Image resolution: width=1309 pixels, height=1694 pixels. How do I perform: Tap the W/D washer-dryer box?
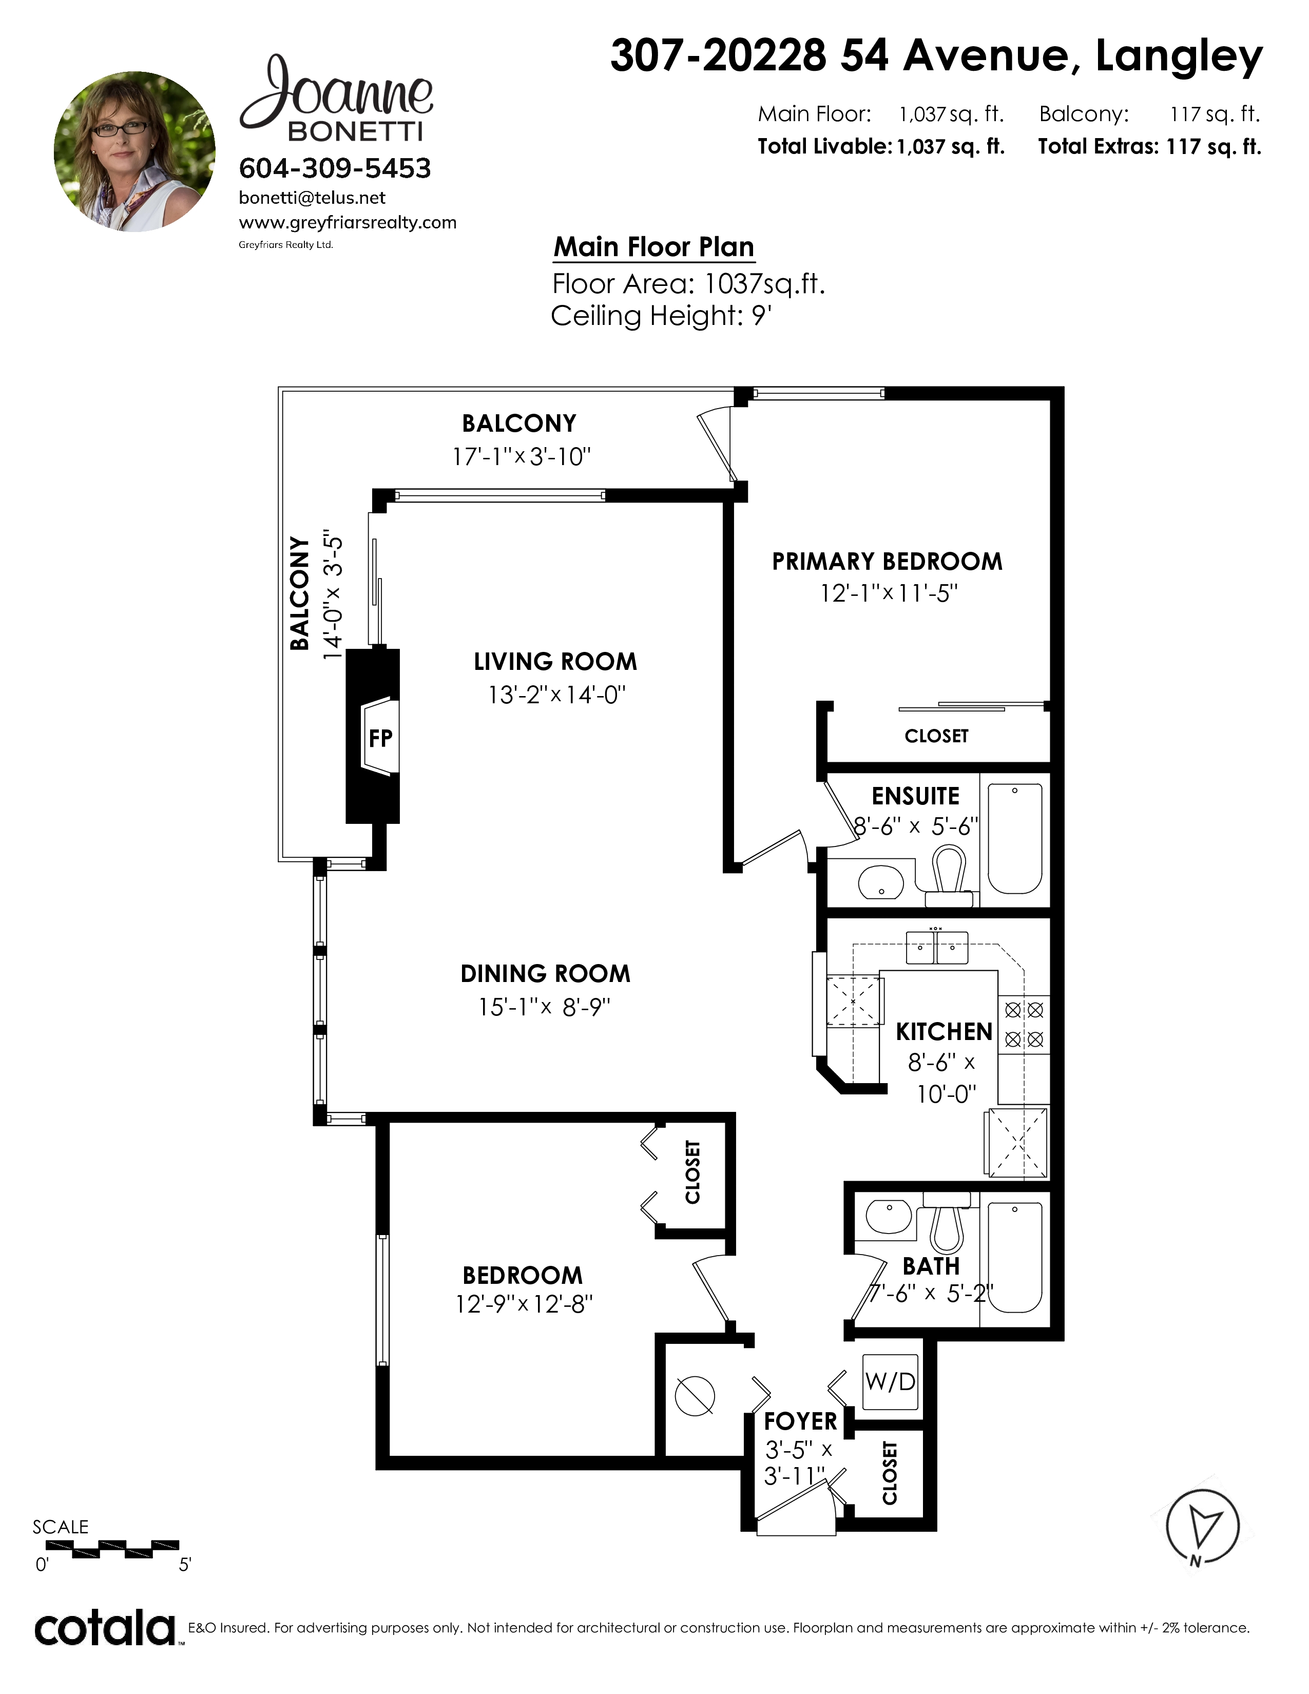coord(890,1381)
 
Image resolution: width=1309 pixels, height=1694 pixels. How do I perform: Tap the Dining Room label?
coord(545,973)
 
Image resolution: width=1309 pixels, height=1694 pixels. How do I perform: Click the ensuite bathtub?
coord(1014,838)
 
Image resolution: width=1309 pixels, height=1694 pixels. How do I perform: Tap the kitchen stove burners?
coord(1024,1025)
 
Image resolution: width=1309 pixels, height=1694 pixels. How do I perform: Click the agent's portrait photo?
coord(134,151)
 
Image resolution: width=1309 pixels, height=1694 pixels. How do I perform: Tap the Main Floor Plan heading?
coord(653,246)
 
